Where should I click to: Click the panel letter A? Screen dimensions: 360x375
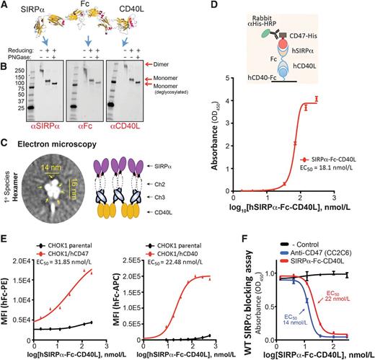(x=5, y=6)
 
